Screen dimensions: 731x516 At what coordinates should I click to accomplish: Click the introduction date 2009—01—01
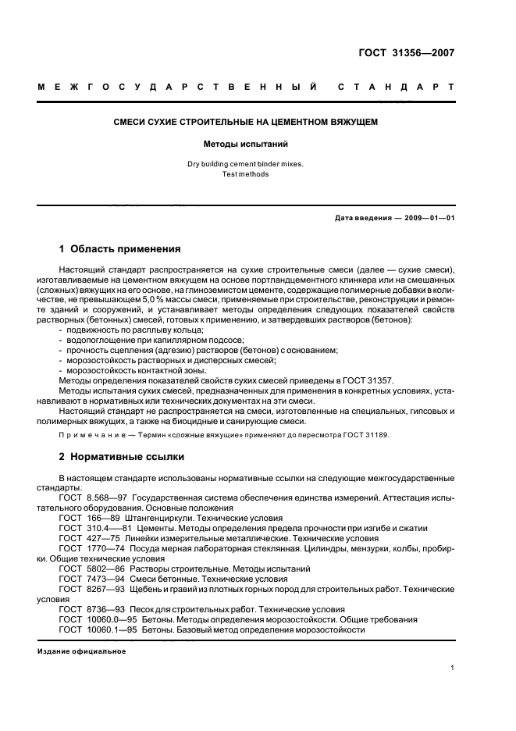point(428,218)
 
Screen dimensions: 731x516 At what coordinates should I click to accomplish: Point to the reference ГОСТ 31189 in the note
point(362,435)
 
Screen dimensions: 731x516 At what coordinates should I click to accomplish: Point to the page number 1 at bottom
point(453,668)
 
